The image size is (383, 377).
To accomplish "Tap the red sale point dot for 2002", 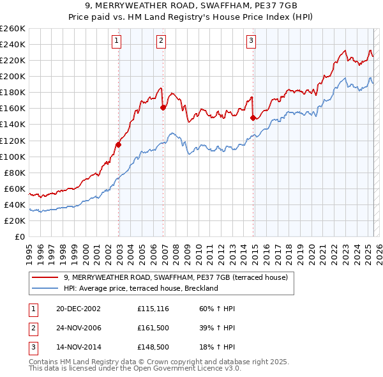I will click(x=119, y=144).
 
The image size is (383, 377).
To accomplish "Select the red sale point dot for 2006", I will click(x=163, y=107).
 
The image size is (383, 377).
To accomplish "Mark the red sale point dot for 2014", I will click(x=253, y=118).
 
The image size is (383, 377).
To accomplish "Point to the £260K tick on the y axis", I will click(x=13, y=28).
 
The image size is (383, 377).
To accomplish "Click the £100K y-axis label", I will click(x=13, y=157).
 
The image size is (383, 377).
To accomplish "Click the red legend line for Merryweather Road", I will click(x=45, y=277).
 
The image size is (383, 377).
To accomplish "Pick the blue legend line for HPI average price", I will click(x=45, y=288).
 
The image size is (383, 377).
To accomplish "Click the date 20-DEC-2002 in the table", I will click(x=79, y=309).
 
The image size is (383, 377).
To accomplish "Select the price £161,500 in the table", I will click(x=152, y=328).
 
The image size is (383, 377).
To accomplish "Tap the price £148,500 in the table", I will click(x=152, y=348).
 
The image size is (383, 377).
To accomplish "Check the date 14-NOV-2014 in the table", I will click(x=79, y=348).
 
